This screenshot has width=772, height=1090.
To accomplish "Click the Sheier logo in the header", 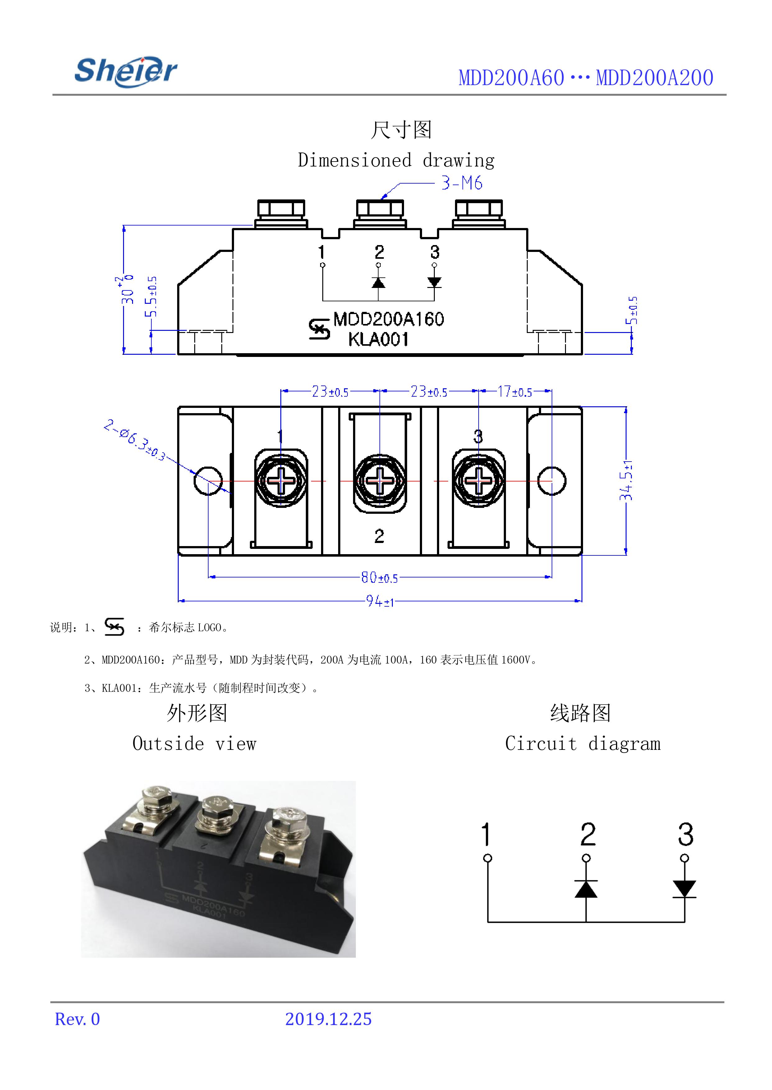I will point(126,72).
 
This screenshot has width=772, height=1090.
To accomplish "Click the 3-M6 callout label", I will point(461,183).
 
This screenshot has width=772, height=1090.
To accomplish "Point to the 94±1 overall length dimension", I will point(380,602).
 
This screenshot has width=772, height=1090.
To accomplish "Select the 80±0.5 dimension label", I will point(379,577).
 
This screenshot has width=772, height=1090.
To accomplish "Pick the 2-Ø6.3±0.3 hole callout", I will point(135,440).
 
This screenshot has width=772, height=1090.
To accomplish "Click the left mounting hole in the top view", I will point(208,481).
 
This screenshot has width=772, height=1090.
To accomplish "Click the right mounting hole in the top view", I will point(551,481).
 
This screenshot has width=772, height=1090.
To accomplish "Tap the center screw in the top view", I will point(380,481).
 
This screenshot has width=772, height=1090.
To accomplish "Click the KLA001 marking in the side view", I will point(379,340).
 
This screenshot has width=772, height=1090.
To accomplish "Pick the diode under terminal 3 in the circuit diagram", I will point(685,888).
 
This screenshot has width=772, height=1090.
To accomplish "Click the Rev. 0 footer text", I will point(77,1019).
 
